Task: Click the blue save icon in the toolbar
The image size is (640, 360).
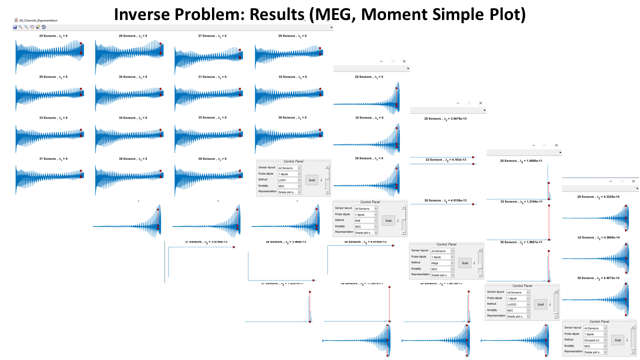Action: pos(15,27)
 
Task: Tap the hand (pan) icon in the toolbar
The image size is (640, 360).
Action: pos(32,27)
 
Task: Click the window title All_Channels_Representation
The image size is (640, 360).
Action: pos(38,20)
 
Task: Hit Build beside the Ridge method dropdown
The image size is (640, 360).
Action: pos(464,263)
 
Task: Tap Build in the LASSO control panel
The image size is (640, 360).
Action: pos(540,304)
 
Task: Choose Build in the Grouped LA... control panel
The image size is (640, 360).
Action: pos(617,340)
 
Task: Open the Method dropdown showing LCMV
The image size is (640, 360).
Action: pos(289,180)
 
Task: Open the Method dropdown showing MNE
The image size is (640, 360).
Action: pos(366,220)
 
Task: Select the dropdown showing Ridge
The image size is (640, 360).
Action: pos(442,263)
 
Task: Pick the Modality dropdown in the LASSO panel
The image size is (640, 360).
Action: pos(518,310)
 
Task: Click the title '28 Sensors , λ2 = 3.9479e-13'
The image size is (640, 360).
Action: pos(447,119)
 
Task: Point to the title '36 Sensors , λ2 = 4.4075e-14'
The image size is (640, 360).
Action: pos(600,278)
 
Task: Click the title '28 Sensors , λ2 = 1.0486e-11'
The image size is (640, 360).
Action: pos(523,161)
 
